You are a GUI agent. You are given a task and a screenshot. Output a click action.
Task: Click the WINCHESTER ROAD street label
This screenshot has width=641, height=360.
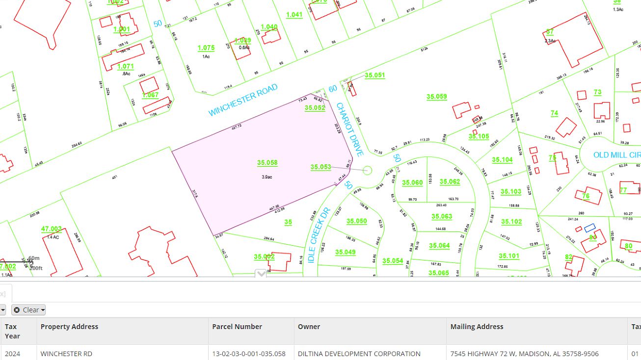(243, 100)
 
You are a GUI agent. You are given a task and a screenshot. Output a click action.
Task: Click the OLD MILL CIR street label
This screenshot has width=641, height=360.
(616, 155)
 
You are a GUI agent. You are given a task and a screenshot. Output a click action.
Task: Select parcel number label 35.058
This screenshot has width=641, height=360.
(267, 163)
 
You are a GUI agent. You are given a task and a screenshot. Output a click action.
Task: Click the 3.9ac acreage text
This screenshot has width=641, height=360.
(267, 177)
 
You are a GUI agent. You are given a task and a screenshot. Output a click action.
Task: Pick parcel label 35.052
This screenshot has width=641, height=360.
(315, 108)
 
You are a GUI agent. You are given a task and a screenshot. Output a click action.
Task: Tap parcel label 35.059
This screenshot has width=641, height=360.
(436, 97)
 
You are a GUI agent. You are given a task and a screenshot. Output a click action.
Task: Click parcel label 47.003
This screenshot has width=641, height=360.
(52, 229)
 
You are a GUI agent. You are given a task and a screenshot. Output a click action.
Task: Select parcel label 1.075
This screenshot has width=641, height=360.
(206, 48)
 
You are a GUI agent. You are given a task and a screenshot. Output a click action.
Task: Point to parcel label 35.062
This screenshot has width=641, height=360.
(450, 182)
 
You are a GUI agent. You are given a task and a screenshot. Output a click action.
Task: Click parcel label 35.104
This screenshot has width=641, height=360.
(502, 160)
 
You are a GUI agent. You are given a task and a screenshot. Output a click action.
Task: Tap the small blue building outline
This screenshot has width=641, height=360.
(589, 228)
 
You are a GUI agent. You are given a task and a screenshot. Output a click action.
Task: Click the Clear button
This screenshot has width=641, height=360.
(29, 310)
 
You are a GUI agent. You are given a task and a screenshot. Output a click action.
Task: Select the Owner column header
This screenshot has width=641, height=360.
(309, 327)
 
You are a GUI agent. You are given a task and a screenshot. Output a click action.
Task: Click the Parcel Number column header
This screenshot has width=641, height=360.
(237, 327)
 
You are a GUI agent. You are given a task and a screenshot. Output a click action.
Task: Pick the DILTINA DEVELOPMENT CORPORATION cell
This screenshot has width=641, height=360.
(359, 354)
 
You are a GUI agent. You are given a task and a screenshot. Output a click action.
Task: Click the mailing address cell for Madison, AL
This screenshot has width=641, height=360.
(524, 354)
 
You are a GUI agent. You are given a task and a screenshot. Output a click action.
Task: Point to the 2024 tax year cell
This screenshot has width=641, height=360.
(12, 354)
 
